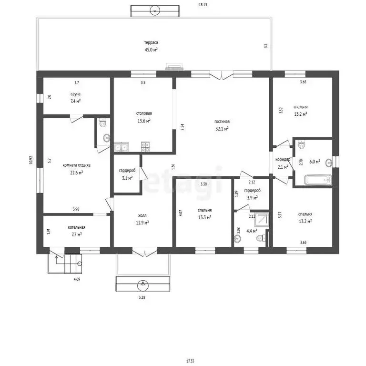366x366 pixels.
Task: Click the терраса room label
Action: [151, 42]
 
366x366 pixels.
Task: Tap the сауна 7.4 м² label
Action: [75, 98]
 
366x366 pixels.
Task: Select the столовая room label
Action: [144, 113]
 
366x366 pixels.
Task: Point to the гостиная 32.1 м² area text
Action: [222, 125]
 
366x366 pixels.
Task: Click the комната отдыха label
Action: [76, 165]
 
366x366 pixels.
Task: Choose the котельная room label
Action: [77, 227]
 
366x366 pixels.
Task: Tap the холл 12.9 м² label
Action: [142, 219]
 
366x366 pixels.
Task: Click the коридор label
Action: [283, 160]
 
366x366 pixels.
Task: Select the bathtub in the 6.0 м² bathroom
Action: [318, 180]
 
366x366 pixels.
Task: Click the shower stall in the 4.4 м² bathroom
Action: [262, 220]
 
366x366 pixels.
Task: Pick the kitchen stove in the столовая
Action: [145, 147]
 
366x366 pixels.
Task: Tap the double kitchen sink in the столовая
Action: [121, 147]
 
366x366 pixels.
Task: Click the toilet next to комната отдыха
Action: [103, 122]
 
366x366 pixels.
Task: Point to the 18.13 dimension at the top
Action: [203, 5]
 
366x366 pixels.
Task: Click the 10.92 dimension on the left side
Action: [31, 160]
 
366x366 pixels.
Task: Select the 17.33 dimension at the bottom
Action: [190, 361]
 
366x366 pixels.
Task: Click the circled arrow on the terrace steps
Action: [155, 10]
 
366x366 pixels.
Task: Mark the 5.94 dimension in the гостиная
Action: [183, 127]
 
